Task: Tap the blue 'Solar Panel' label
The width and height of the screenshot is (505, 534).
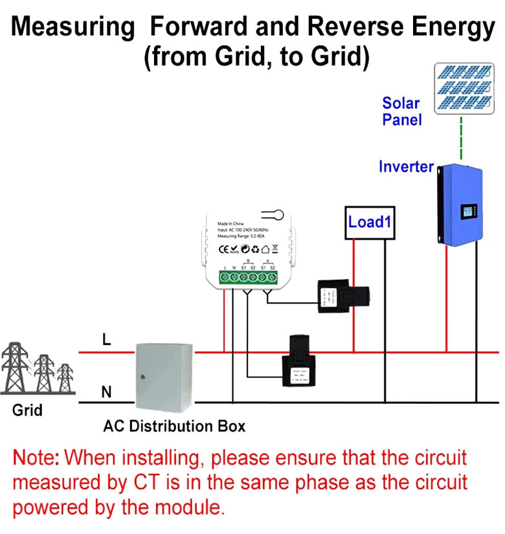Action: [401, 111]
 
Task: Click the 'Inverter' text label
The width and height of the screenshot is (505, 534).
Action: [406, 166]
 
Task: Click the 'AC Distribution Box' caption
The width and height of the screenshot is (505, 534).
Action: [174, 427]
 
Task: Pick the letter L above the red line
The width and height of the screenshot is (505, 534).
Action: [107, 339]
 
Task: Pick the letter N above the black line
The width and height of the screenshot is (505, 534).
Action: [106, 392]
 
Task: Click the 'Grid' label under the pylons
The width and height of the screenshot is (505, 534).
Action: [27, 410]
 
